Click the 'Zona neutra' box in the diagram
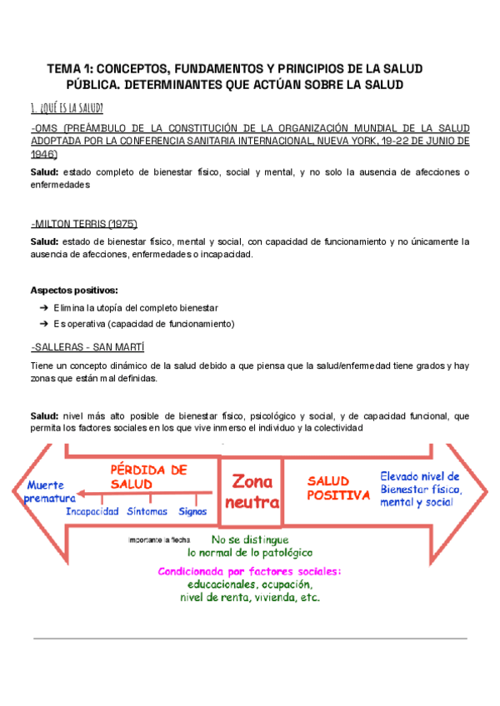(x=251, y=491)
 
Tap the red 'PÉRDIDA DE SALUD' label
(x=147, y=476)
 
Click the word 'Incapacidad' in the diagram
(x=92, y=512)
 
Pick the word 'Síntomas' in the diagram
(x=147, y=512)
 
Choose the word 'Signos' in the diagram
(x=192, y=512)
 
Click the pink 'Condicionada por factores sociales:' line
(x=249, y=572)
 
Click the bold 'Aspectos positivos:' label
(x=73, y=290)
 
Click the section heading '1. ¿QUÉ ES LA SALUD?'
(x=67, y=108)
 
